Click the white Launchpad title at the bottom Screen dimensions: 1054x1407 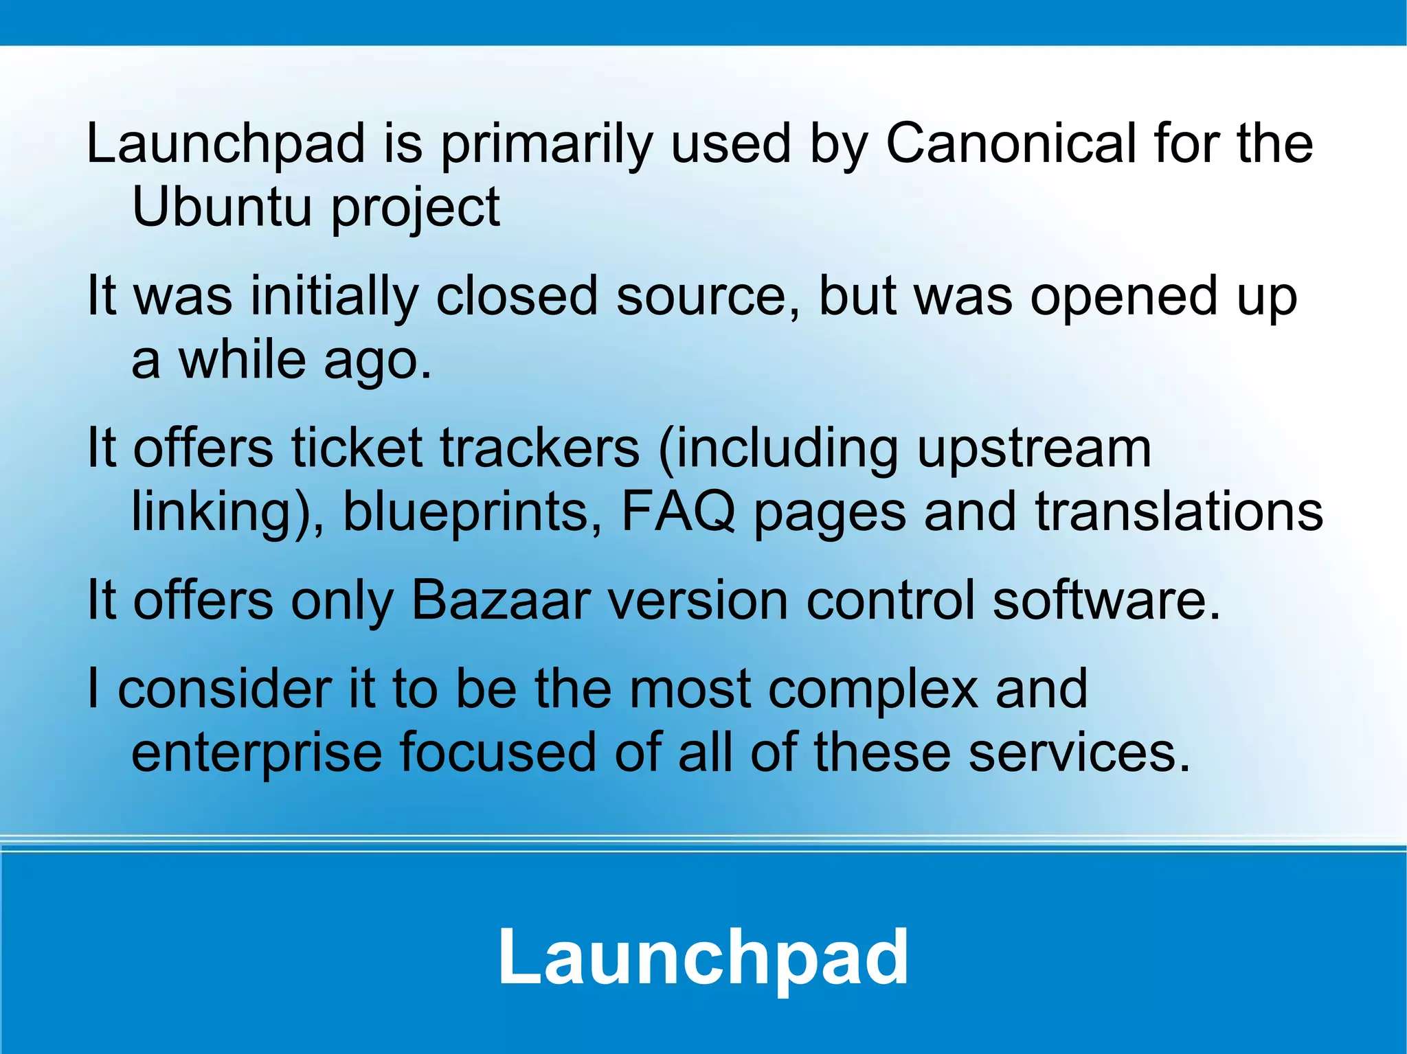click(703, 957)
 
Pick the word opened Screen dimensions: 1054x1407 click(1124, 297)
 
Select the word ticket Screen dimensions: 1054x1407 click(357, 448)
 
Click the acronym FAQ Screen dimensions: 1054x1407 click(677, 512)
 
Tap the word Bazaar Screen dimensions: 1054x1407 click(501, 600)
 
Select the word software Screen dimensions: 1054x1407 click(1106, 600)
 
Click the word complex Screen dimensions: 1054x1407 click(873, 690)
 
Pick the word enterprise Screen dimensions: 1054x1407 click(256, 753)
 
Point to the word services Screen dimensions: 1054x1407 click(1079, 752)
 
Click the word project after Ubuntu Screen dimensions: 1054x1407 click(415, 209)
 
